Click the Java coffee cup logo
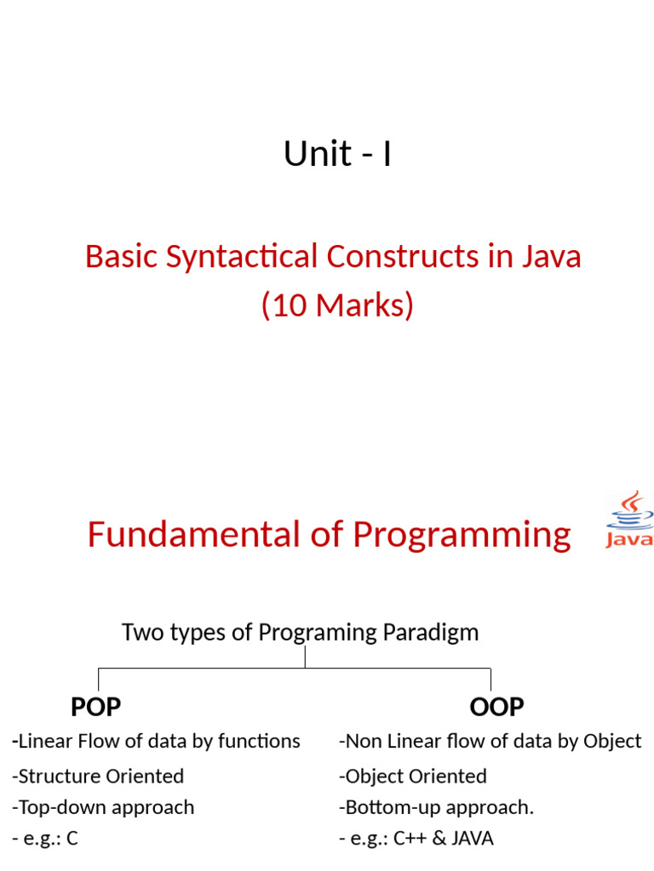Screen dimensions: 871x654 [629, 518]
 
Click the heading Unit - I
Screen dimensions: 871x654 [337, 154]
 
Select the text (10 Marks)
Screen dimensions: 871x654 [337, 305]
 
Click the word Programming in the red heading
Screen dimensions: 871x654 [462, 534]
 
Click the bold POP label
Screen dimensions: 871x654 [95, 706]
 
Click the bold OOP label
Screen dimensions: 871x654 [496, 706]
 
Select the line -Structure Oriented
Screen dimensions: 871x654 [98, 776]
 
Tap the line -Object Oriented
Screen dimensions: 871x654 [413, 776]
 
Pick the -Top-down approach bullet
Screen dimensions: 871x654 [103, 807]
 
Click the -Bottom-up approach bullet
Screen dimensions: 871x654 [436, 807]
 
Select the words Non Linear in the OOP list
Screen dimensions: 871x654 [384, 741]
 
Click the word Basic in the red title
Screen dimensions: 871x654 [122, 256]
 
